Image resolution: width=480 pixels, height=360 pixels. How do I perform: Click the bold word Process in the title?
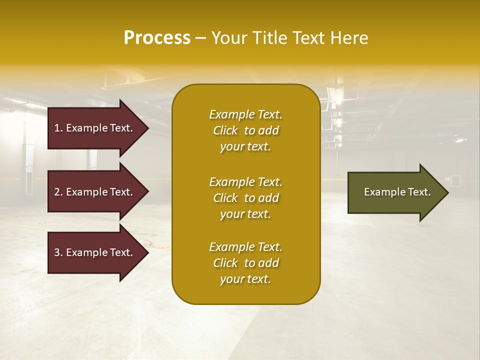[x=157, y=38]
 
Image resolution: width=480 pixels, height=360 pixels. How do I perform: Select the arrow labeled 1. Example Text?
[x=95, y=128]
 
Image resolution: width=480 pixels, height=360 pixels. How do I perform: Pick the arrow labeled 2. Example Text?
[x=95, y=192]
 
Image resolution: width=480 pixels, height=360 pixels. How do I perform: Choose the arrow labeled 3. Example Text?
[x=95, y=252]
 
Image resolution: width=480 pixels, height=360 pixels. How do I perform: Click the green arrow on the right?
[x=395, y=192]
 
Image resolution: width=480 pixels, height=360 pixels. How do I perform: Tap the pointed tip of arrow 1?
[x=147, y=128]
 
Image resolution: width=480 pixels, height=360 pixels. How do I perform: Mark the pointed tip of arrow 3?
[x=147, y=252]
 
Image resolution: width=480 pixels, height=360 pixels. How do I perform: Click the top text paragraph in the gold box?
[x=245, y=130]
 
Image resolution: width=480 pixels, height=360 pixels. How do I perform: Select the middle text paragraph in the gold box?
[x=245, y=198]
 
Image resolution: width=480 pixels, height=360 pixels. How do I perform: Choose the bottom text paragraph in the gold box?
[x=245, y=263]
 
